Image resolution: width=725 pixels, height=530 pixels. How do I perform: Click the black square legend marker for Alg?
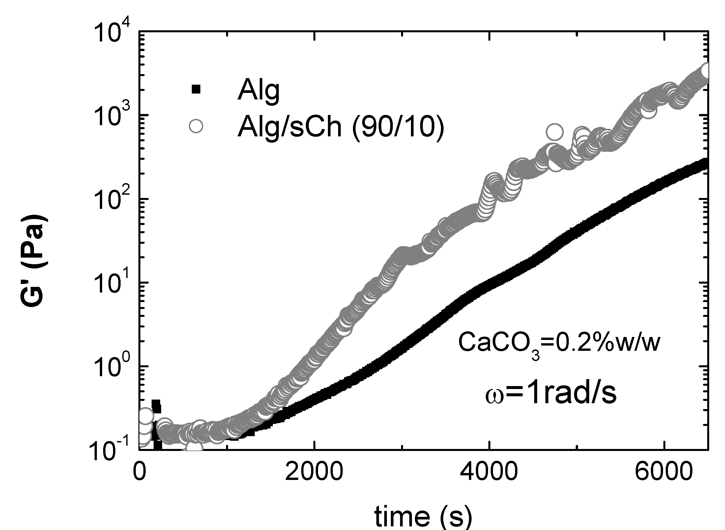point(196,89)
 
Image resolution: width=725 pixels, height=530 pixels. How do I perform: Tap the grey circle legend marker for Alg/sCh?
point(196,126)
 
